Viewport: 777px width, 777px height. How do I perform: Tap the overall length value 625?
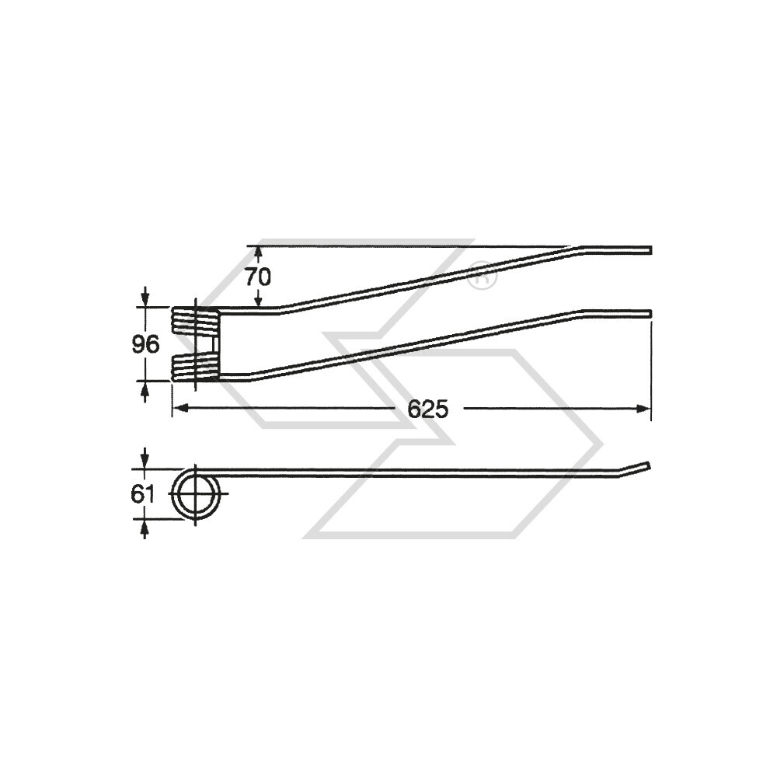428,409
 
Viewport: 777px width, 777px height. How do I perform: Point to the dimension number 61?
144,494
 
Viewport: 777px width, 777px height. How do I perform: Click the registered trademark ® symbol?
482,276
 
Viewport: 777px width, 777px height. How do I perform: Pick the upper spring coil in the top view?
195,319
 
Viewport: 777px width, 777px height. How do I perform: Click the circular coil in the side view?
196,495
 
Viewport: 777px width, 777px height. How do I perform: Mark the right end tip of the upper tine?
649,249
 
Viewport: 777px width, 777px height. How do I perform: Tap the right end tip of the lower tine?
649,313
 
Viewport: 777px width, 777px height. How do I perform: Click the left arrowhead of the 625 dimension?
178,409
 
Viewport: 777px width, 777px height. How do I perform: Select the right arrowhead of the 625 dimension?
644,409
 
